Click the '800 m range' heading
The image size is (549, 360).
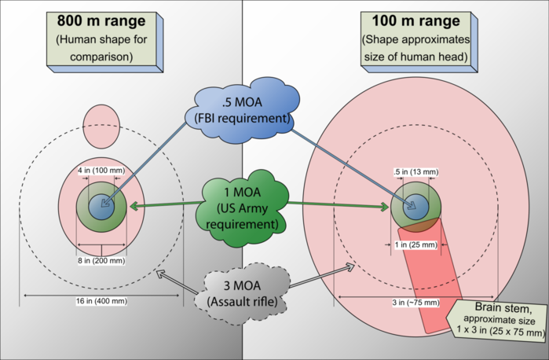(x=101, y=20)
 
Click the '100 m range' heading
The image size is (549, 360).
(x=415, y=20)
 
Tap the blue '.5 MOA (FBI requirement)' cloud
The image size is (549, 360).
(x=242, y=110)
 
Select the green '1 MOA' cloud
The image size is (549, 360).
(x=242, y=208)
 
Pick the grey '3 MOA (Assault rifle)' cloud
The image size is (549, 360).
(x=242, y=294)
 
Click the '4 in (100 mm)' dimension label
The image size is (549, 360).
(x=101, y=171)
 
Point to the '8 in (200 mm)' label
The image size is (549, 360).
(x=101, y=260)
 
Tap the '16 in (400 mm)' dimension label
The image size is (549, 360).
(x=101, y=301)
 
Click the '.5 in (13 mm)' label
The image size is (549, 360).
(x=416, y=172)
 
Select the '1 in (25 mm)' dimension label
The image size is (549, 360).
(x=416, y=244)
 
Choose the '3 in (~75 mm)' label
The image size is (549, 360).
(x=415, y=302)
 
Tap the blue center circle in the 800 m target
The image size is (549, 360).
(x=101, y=207)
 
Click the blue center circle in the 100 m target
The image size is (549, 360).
(x=416, y=207)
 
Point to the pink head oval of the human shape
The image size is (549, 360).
(x=101, y=127)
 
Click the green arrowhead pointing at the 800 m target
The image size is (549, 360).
(x=134, y=206)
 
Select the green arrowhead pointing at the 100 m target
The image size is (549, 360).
(x=384, y=207)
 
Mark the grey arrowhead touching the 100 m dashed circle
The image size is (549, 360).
(x=350, y=267)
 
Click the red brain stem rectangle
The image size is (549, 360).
(x=431, y=276)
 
